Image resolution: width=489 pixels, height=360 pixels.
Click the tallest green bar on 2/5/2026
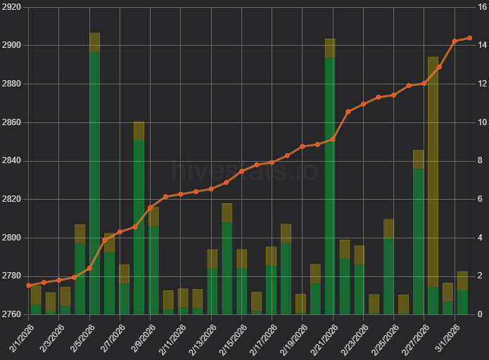click(95, 183)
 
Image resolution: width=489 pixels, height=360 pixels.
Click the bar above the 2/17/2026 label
click(271, 289)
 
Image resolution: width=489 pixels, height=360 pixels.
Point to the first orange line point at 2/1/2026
click(29, 285)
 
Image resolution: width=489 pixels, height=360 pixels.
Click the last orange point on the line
click(469, 38)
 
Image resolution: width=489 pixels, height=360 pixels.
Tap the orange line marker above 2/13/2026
click(211, 189)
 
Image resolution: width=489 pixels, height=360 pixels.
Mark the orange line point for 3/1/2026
click(455, 41)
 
